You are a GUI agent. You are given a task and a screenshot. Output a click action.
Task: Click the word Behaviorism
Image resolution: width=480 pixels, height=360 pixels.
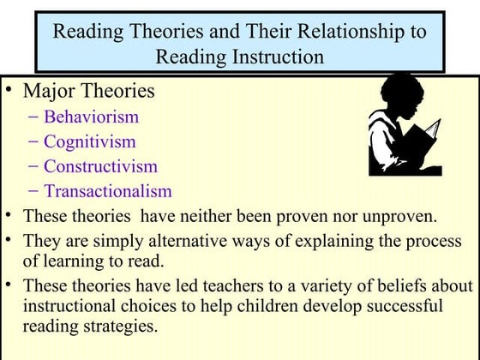[91, 117]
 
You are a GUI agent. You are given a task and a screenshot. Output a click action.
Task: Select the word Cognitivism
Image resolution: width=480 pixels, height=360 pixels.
[90, 141]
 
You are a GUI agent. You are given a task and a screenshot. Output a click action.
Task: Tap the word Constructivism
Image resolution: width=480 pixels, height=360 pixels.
[100, 166]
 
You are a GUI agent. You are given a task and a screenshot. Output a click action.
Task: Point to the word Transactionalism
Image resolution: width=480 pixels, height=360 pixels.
[108, 191]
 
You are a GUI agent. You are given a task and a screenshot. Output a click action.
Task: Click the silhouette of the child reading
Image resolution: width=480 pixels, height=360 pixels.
[404, 124]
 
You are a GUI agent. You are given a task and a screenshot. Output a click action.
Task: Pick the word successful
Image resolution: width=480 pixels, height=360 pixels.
[400, 306]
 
